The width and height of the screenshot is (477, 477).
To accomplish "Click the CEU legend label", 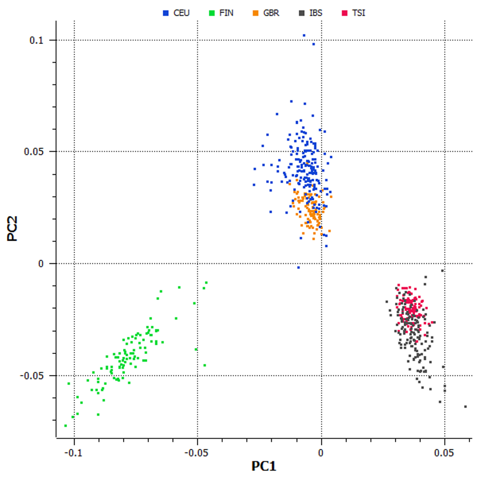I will tap(181, 13).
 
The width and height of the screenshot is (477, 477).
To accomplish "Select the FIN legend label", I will tap(226, 13).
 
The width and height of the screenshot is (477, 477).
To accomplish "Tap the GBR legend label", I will tap(271, 13).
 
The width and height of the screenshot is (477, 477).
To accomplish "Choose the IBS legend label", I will tap(316, 13).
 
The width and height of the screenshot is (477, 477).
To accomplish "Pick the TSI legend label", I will tap(359, 13).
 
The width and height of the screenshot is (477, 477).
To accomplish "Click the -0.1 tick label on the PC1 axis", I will tap(73, 452).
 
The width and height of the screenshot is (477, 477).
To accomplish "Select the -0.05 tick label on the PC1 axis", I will tap(197, 452).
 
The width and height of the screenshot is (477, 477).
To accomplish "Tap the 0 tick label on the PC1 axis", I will tap(321, 452).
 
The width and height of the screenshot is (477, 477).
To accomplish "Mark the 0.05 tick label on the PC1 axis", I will tap(444, 452).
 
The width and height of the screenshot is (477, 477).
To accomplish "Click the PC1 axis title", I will tap(263, 467).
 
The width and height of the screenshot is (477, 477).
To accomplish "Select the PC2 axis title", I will tap(12, 228).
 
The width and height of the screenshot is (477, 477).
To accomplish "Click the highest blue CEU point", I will tap(304, 35).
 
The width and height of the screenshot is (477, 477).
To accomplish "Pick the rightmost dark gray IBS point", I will tap(465, 406).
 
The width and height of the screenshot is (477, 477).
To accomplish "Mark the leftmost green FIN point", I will tap(65, 425).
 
